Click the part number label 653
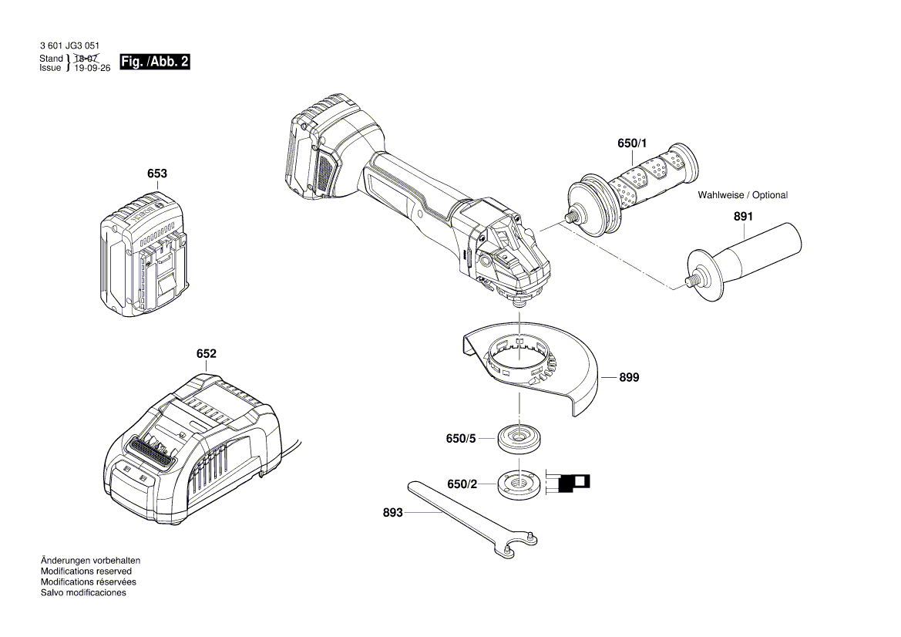(x=157, y=174)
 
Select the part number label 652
(x=206, y=354)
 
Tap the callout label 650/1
(x=633, y=144)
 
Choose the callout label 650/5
(x=461, y=438)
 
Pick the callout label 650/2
(x=462, y=484)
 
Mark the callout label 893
(x=392, y=512)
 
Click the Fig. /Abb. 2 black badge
(x=155, y=62)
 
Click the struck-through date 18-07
(x=86, y=59)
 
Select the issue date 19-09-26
(x=92, y=68)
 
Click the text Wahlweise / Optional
(x=742, y=195)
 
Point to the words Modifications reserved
(x=86, y=571)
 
